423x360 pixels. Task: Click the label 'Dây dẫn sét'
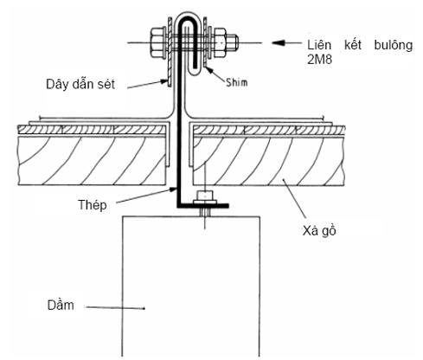tap(80, 84)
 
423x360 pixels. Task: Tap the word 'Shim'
tap(237, 82)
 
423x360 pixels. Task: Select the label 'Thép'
tap(93, 205)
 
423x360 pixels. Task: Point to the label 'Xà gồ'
tap(319, 231)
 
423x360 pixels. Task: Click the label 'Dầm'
tap(61, 305)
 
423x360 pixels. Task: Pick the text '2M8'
tap(319, 60)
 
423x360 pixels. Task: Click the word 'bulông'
tap(394, 46)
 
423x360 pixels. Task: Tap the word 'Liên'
tap(319, 45)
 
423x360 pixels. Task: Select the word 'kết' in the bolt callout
tap(353, 45)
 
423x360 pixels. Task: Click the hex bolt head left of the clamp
tap(157, 42)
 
